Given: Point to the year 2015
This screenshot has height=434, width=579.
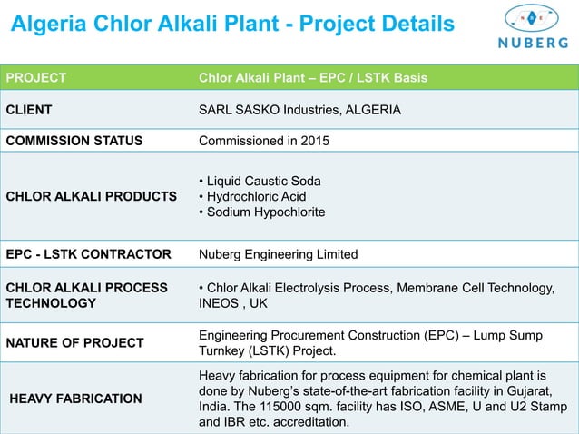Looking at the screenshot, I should click(x=314, y=141).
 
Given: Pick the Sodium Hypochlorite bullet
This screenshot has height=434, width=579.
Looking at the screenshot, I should click(x=261, y=212).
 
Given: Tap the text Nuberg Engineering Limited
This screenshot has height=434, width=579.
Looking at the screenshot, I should click(x=278, y=253).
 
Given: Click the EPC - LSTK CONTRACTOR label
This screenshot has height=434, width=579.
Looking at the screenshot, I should click(x=89, y=253).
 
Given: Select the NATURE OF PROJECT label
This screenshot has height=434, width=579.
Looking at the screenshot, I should click(x=75, y=342).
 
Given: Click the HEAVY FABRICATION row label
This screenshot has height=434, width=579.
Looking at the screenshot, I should click(x=75, y=398).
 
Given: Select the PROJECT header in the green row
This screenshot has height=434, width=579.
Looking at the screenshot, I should click(x=36, y=77).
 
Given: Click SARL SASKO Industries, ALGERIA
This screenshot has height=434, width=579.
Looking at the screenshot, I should click(x=299, y=110).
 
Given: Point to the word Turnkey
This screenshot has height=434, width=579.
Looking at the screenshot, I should click(x=226, y=350).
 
